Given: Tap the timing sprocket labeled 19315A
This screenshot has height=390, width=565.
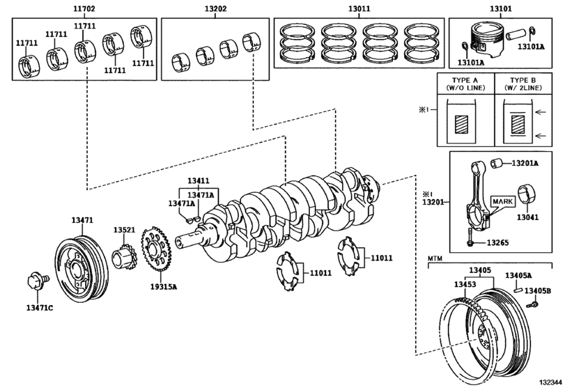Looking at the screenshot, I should click(x=158, y=251).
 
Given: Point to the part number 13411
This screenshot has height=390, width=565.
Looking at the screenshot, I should click(x=196, y=181).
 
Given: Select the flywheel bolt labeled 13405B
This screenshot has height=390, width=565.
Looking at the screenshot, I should click(x=532, y=304).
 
